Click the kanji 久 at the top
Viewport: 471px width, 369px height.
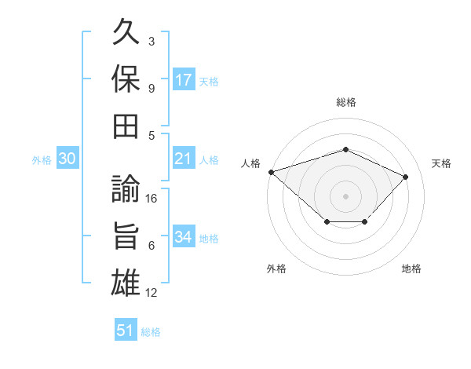tap(126, 31)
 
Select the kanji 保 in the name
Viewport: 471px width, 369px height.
tap(126, 79)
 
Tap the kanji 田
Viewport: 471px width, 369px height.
tap(126, 126)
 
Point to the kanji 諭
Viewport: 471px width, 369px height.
tap(126, 188)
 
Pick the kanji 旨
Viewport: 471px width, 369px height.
tap(126, 236)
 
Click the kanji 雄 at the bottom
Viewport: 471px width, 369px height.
tap(126, 283)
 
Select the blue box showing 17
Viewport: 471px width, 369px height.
tap(184, 79)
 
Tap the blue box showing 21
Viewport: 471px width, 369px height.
tap(184, 158)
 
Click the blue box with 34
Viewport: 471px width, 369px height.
tap(184, 236)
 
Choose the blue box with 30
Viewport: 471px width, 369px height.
tap(68, 158)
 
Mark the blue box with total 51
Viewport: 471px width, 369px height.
tap(126, 329)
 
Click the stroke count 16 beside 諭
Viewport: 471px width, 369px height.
tap(151, 199)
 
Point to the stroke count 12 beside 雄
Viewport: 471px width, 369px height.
tap(151, 293)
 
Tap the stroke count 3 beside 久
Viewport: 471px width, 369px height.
tap(152, 41)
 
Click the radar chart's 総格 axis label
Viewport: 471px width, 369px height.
tap(346, 102)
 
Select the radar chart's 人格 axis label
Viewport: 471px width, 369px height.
tap(250, 163)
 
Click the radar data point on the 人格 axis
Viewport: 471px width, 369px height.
tap(272, 172)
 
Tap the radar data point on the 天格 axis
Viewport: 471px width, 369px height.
tap(405, 177)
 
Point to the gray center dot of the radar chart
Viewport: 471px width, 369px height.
tap(345, 196)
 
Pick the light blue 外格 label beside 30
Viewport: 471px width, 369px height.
tap(42, 160)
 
